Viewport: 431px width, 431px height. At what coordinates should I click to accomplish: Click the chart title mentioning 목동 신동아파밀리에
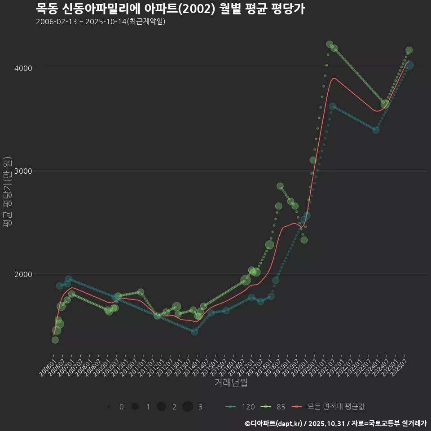pyautogui.click(x=170, y=9)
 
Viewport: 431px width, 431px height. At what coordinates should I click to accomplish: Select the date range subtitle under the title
pyautogui.click(x=101, y=22)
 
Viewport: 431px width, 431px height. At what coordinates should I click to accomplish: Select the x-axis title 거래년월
pyautogui.click(x=231, y=383)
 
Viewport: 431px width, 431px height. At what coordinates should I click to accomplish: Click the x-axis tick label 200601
pyautogui.click(x=47, y=366)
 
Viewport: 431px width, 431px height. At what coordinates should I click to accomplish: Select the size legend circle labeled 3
pyautogui.click(x=188, y=407)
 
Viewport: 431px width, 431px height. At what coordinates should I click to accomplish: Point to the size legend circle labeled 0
pyautogui.click(x=109, y=407)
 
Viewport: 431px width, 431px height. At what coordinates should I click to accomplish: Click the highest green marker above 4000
pyautogui.click(x=330, y=44)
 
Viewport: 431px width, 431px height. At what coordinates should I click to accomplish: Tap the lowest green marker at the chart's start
pyautogui.click(x=55, y=340)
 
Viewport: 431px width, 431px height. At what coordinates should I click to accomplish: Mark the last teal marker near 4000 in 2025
pyautogui.click(x=409, y=66)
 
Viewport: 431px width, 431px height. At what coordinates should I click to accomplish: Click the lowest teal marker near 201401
pyautogui.click(x=194, y=332)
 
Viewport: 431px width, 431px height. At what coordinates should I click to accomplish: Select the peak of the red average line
pyautogui.click(x=334, y=78)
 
